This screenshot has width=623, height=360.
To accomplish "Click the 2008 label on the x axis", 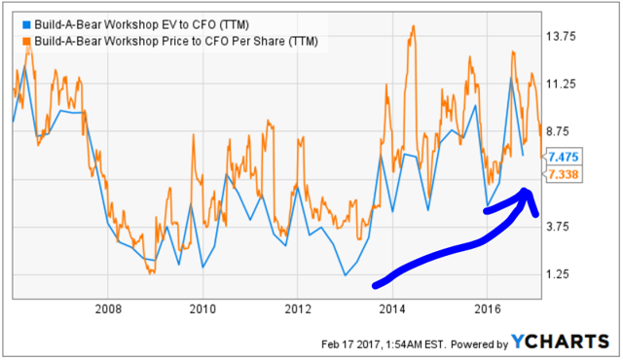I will pyautogui.click(x=109, y=309).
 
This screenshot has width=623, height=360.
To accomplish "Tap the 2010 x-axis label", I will pyautogui.click(x=203, y=309).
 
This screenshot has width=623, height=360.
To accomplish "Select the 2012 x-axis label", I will pyautogui.click(x=299, y=309).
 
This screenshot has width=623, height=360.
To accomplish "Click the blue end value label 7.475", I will pyautogui.click(x=565, y=157).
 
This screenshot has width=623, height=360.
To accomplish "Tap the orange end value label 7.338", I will pyautogui.click(x=565, y=174).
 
